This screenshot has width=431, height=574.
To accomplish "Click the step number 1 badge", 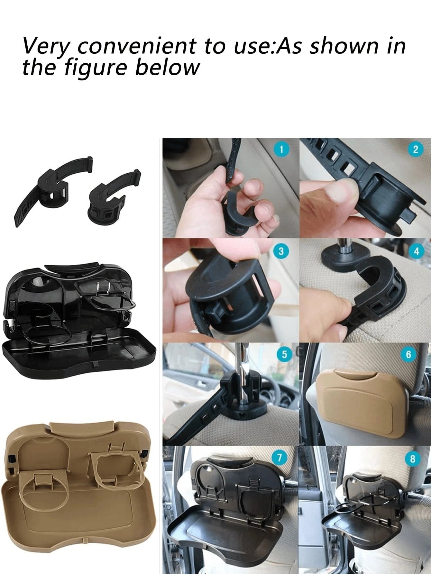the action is [x=281, y=149].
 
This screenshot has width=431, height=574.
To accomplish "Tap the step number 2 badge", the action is [x=416, y=149].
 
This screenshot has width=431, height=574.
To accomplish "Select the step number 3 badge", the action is [x=281, y=251].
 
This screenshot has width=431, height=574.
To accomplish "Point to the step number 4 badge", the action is [x=417, y=251].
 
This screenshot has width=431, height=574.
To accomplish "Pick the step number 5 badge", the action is [x=284, y=354].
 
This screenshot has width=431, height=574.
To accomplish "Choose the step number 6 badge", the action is [x=408, y=354].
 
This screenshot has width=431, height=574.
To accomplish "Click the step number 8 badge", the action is [x=413, y=459].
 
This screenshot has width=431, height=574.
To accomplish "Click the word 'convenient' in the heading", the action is [x=136, y=46].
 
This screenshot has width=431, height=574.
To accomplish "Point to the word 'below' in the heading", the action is [x=168, y=67].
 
